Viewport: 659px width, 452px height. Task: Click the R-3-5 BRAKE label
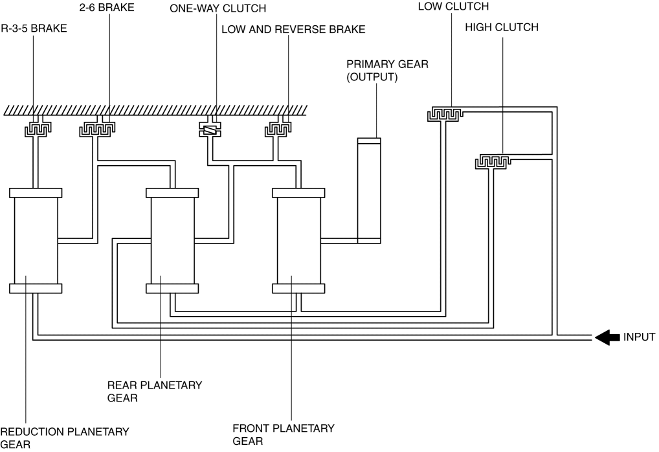34,29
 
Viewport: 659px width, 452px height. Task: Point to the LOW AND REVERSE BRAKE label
293,30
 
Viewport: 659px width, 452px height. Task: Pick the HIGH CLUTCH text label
502,27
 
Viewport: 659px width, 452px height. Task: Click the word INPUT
639,337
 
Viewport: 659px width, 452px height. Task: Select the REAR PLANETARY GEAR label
154,391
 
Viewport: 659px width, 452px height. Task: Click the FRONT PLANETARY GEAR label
284,435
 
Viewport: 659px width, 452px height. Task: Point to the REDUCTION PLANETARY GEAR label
64,437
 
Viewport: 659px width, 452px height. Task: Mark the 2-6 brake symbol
97,130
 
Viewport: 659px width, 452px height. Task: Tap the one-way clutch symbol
210,130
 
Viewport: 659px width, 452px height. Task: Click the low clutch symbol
444,115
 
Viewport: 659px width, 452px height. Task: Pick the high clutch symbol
493,160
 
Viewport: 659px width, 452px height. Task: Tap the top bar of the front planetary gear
298,193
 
